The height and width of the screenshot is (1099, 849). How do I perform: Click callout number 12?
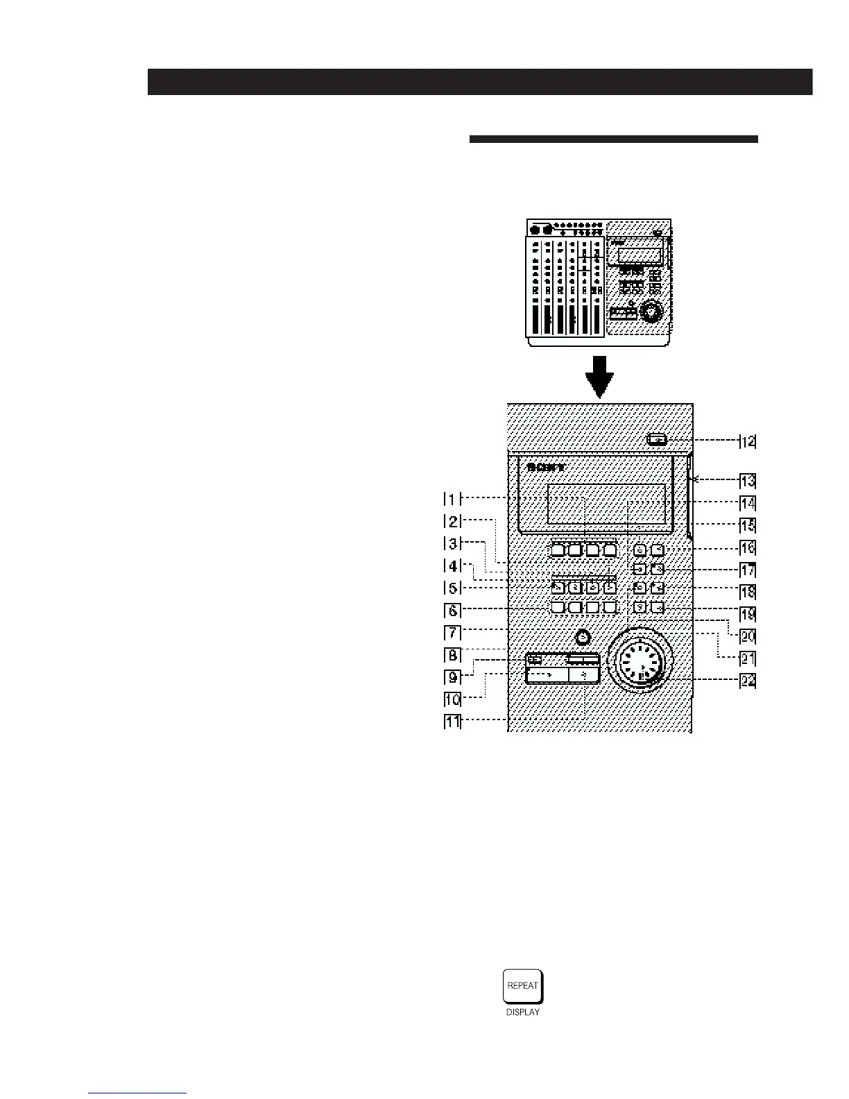pos(747,441)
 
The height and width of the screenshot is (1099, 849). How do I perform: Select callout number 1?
pos(452,499)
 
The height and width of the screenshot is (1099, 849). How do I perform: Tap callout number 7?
pos(452,633)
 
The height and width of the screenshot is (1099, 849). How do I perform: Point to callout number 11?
pos(452,722)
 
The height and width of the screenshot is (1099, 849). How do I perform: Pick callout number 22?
pos(747,681)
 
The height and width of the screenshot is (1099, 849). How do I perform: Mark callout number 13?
pos(747,481)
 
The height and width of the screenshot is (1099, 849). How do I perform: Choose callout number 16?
pos(747,548)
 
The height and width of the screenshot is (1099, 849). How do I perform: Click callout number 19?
pos(747,614)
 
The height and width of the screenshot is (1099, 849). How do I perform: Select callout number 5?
pos(452,588)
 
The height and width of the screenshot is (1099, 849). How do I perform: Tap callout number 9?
pos(452,676)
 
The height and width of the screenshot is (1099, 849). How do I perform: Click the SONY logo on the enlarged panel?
pos(546,467)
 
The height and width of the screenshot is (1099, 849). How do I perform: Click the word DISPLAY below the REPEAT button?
pos(523,1012)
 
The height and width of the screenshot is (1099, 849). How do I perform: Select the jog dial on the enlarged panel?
pos(640,661)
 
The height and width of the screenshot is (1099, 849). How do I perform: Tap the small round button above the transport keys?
pos(583,637)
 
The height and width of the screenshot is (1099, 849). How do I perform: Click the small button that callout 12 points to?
pos(656,439)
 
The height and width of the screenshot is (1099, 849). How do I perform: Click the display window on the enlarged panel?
pos(606,504)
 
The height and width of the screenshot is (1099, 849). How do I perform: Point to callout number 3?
pos(452,543)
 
